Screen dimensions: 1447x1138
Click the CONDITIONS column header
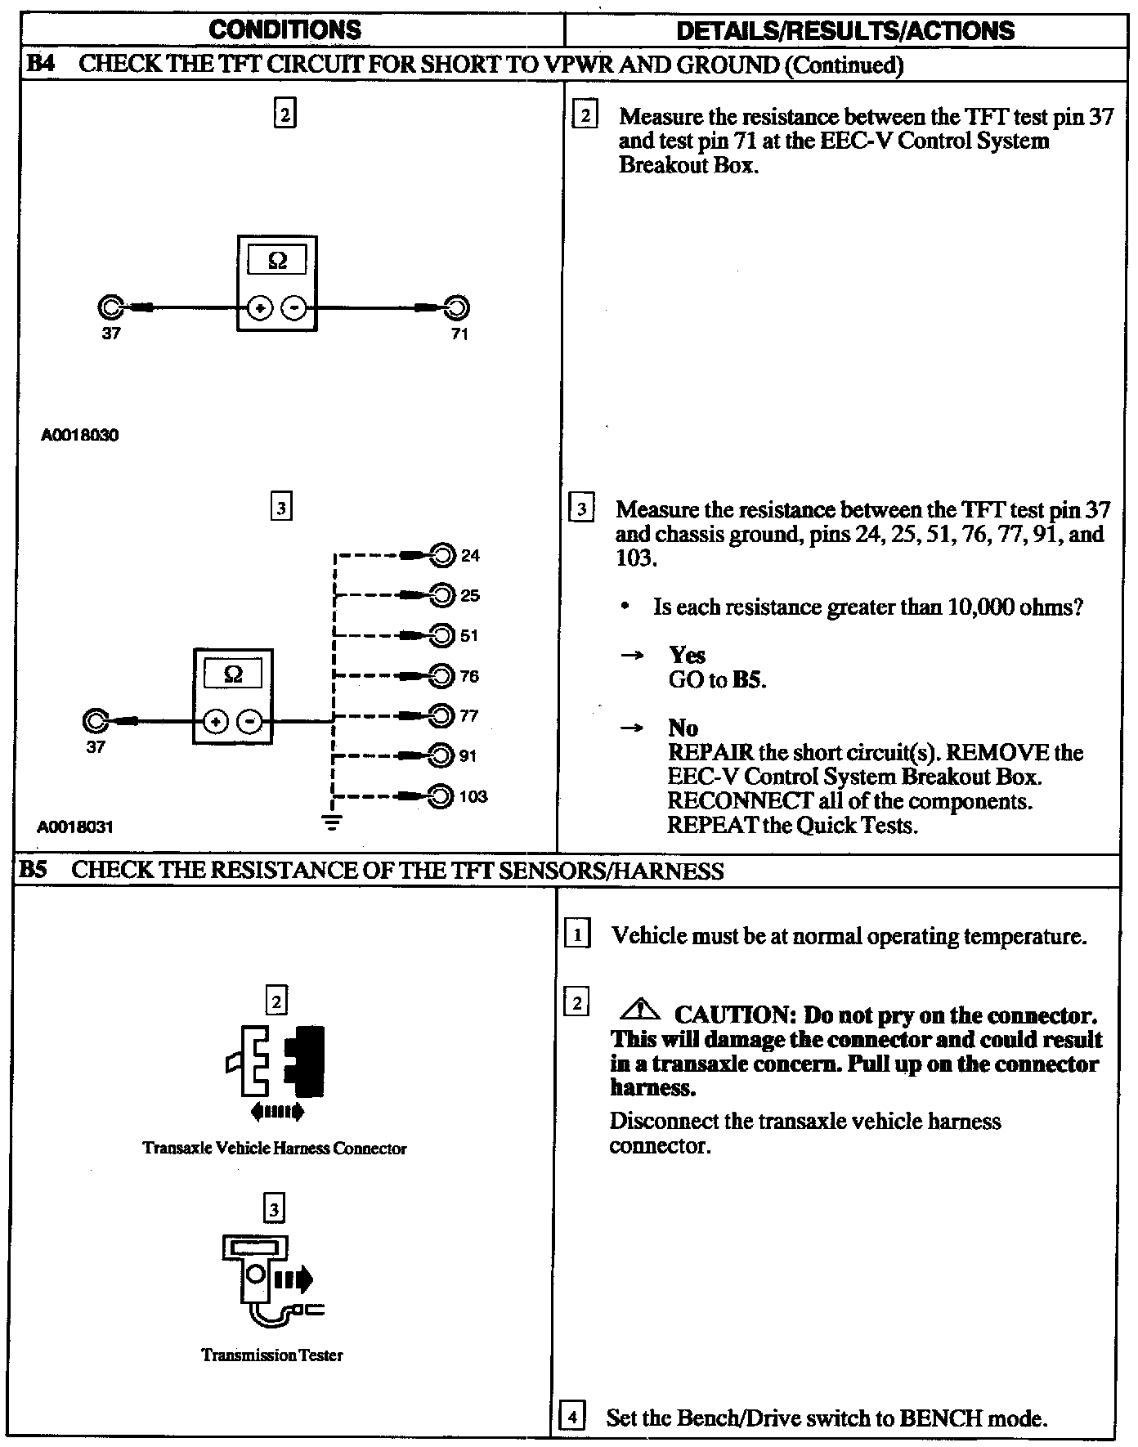[x=284, y=30]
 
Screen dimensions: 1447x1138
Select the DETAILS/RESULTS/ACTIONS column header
[x=845, y=31]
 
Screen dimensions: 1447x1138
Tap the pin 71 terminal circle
[x=457, y=308]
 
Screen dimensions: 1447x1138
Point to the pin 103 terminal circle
[x=441, y=796]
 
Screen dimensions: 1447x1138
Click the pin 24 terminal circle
[x=442, y=556]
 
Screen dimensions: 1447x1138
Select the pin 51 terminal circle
[x=442, y=635]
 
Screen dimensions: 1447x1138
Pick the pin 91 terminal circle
[x=441, y=755]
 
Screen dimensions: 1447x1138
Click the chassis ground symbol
[x=332, y=821]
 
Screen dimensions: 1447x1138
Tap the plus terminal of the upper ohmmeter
[x=260, y=309]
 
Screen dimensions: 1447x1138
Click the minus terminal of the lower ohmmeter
[x=249, y=722]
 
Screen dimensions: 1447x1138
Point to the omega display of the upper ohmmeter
[x=277, y=261]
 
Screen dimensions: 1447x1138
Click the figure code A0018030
[x=79, y=436]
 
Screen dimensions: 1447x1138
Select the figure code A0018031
[x=75, y=827]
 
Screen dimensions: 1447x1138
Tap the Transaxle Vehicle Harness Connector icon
[x=276, y=1063]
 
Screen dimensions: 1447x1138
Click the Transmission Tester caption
[x=272, y=1355]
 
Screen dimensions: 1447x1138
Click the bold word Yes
[x=688, y=655]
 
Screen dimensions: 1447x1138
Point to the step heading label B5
[x=34, y=870]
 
